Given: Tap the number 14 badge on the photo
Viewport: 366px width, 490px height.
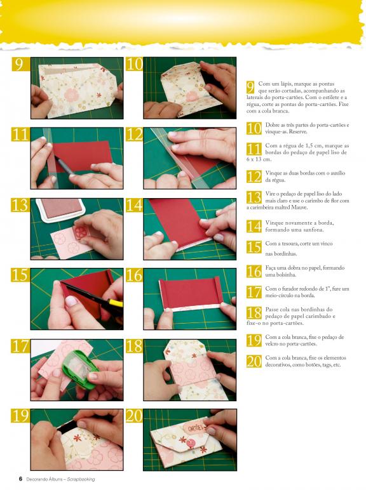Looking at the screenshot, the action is point(135,205).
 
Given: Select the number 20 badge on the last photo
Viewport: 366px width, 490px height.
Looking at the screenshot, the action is point(135,416).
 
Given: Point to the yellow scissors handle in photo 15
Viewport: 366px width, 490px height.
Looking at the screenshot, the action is point(115,303).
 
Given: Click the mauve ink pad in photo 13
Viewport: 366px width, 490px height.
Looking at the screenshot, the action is point(60,209).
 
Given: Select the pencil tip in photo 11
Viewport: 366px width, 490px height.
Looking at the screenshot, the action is point(58,160).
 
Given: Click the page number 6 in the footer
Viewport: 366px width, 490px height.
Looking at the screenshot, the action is point(20,479).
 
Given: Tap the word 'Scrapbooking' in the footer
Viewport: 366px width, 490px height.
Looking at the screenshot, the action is point(81,479).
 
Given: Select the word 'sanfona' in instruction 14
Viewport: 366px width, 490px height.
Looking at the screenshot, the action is point(313,230).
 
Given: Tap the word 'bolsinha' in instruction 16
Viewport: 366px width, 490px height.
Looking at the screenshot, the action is point(285,275).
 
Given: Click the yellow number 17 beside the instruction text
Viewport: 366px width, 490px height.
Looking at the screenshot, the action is point(254,293).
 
